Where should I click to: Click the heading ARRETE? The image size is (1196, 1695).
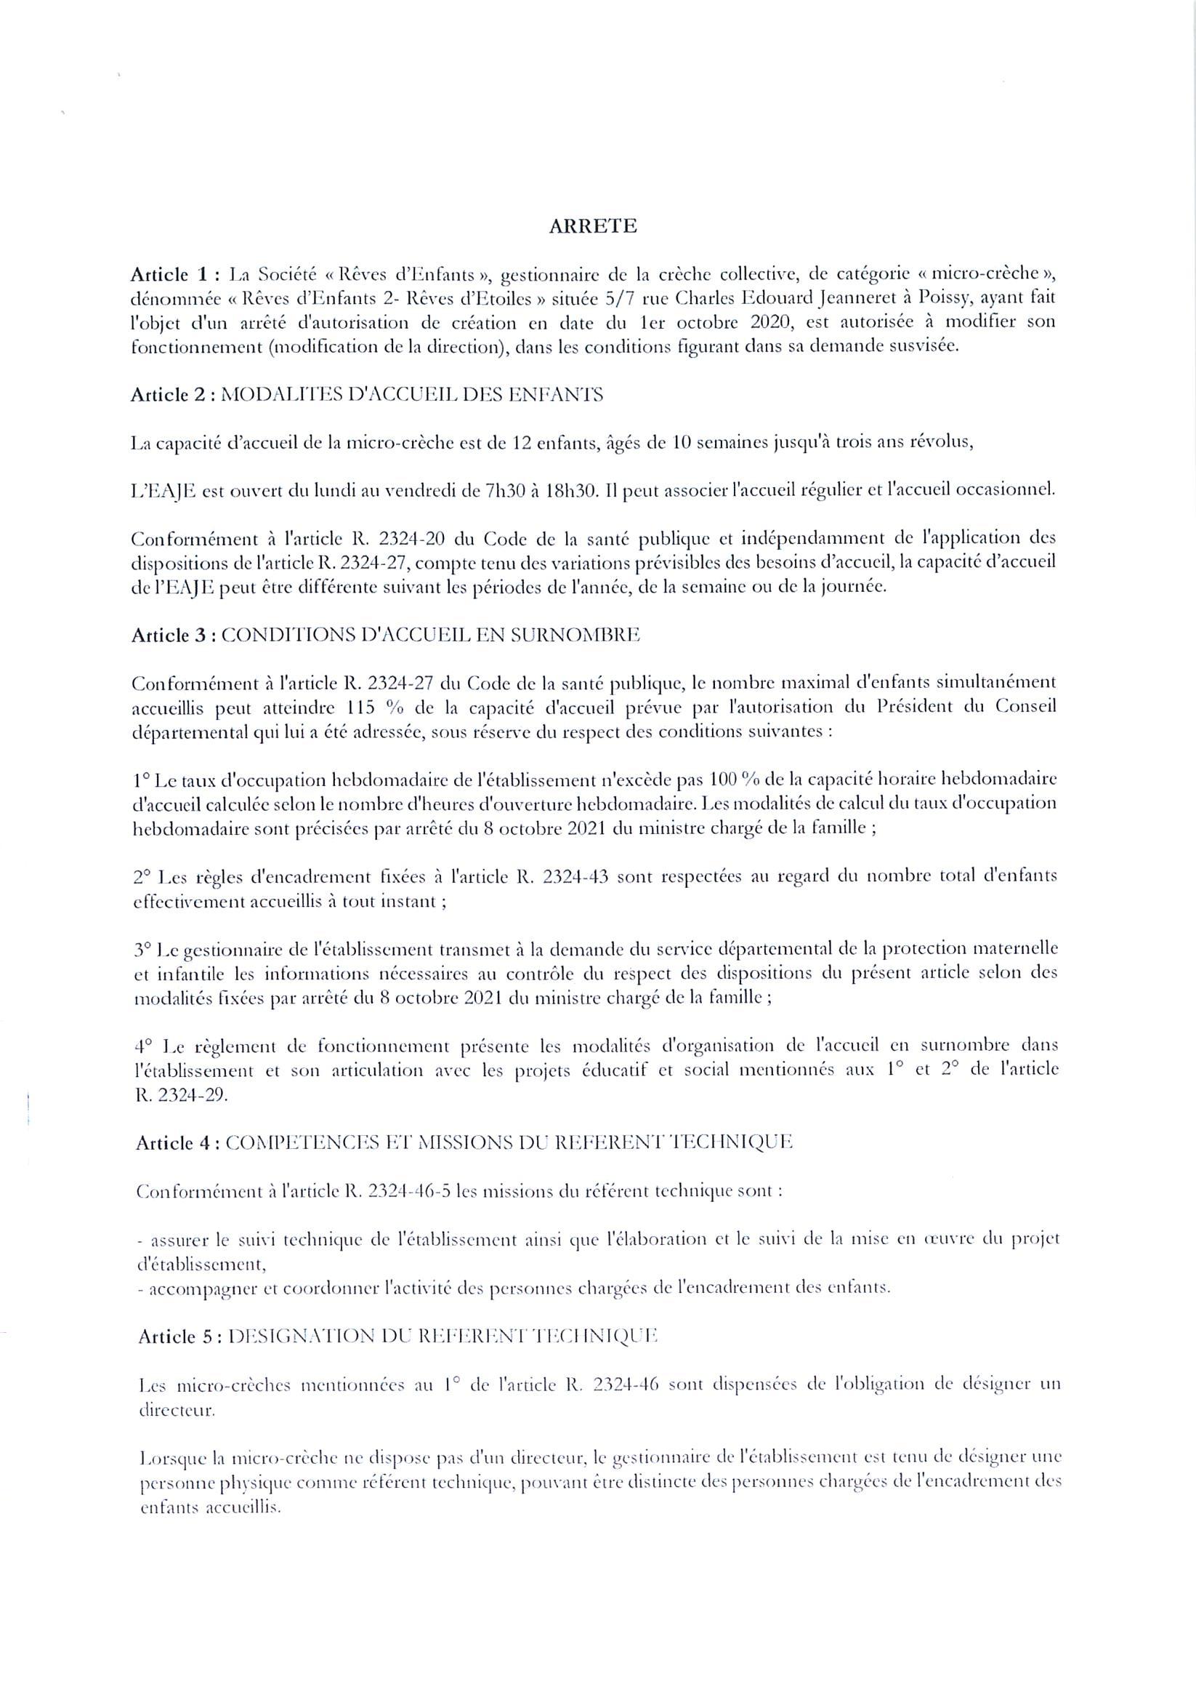click(592, 227)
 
